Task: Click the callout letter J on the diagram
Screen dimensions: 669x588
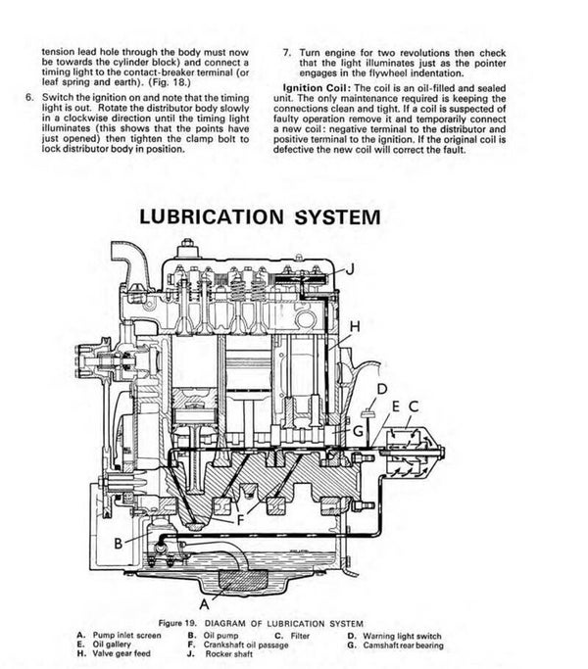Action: tap(350, 268)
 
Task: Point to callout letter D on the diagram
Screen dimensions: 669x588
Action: tap(379, 389)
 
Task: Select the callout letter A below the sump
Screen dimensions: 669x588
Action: tap(204, 590)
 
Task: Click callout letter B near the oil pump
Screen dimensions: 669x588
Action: tap(118, 542)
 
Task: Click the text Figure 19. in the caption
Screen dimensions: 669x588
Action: tap(186, 622)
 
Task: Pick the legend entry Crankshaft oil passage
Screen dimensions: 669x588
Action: tap(244, 644)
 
